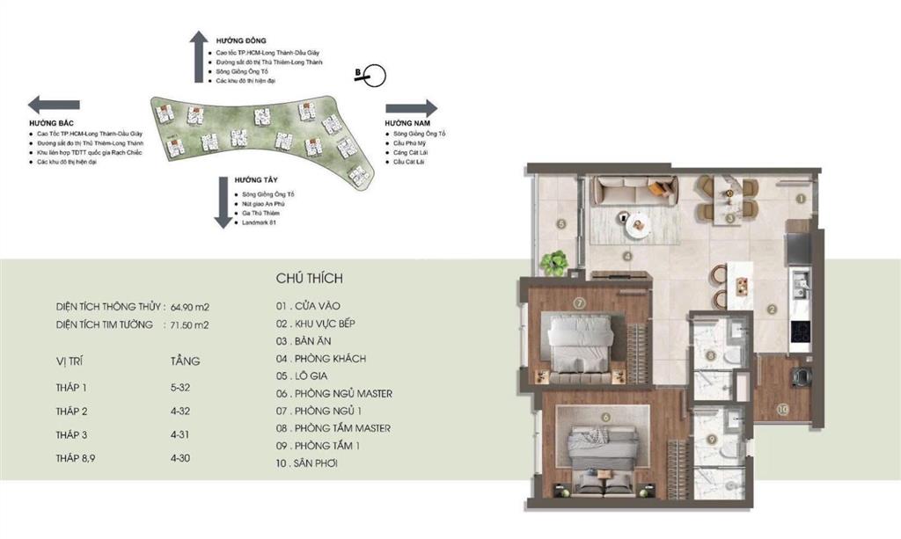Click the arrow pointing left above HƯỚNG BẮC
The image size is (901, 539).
[48, 104]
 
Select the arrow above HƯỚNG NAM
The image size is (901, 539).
[411, 108]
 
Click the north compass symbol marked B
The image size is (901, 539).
[370, 76]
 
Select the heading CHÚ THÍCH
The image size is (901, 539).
[309, 279]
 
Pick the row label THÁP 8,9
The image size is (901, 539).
[77, 458]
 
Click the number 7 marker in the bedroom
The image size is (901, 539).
[579, 303]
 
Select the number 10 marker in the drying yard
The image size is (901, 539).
[782, 408]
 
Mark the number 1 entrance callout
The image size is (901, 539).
[801, 199]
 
